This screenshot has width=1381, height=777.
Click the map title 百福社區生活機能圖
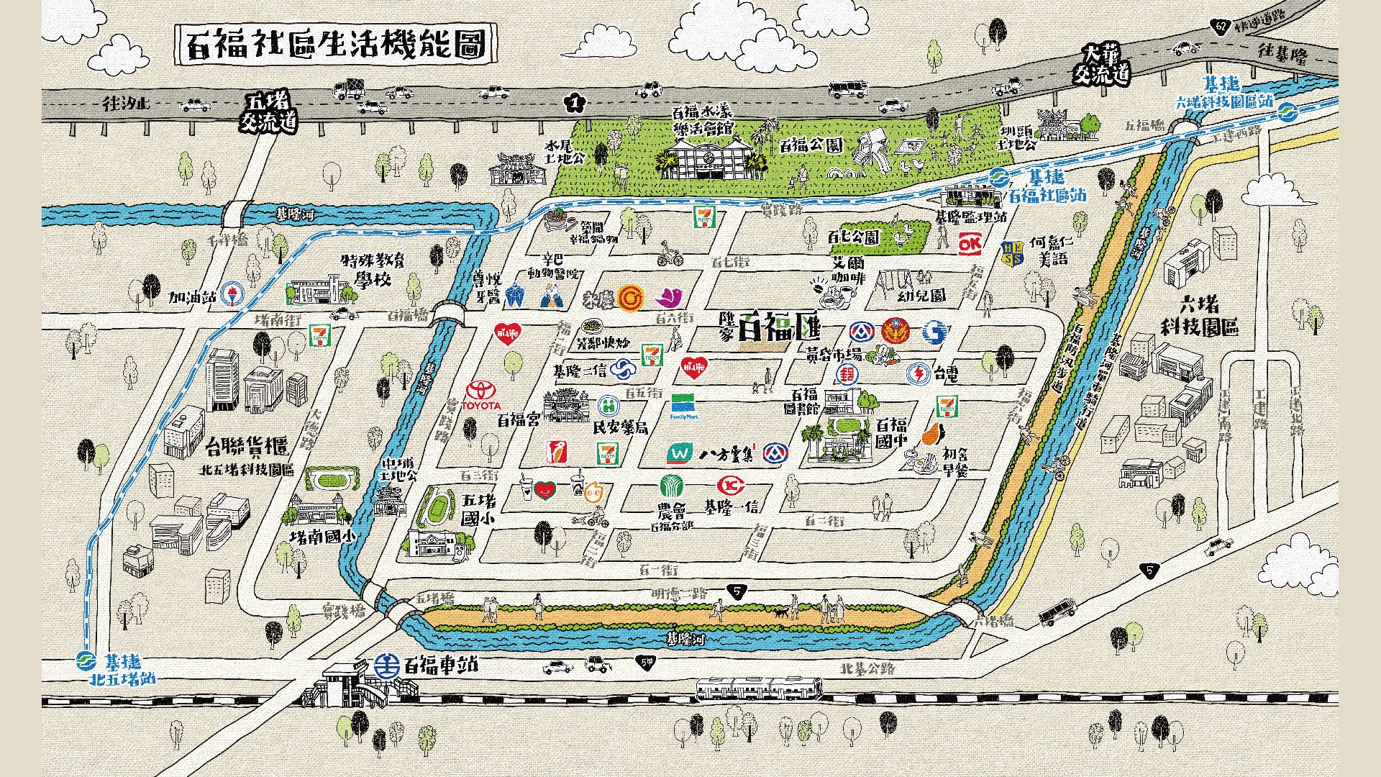337,45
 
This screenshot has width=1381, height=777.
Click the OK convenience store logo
970,245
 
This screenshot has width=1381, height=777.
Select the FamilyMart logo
685,404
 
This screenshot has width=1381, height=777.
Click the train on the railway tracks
758,688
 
